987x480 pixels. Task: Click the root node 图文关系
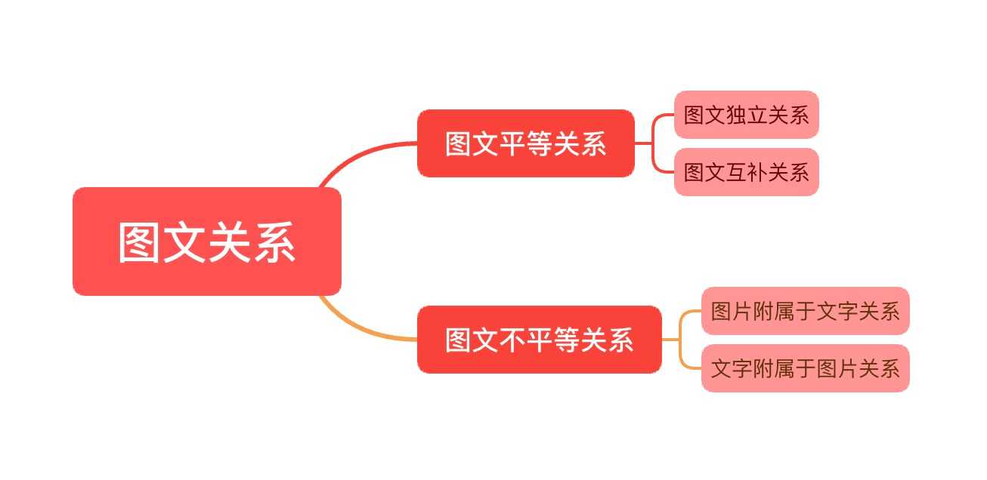click(206, 242)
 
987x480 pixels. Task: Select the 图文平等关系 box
click(525, 143)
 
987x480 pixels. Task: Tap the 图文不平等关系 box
click(539, 340)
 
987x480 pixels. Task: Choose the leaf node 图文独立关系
click(746, 115)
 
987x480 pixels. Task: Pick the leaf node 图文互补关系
click(746, 172)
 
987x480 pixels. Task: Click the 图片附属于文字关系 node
click(805, 311)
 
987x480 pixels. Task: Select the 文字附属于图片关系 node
click(805, 368)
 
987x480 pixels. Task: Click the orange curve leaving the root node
click(363, 331)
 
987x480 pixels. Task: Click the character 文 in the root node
click(184, 242)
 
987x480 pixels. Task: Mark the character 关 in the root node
click(229, 242)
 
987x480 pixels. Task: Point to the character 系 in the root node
click(273, 242)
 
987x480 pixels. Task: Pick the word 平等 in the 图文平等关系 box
click(525, 143)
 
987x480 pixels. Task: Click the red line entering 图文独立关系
click(663, 115)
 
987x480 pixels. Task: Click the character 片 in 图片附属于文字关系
click(741, 311)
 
